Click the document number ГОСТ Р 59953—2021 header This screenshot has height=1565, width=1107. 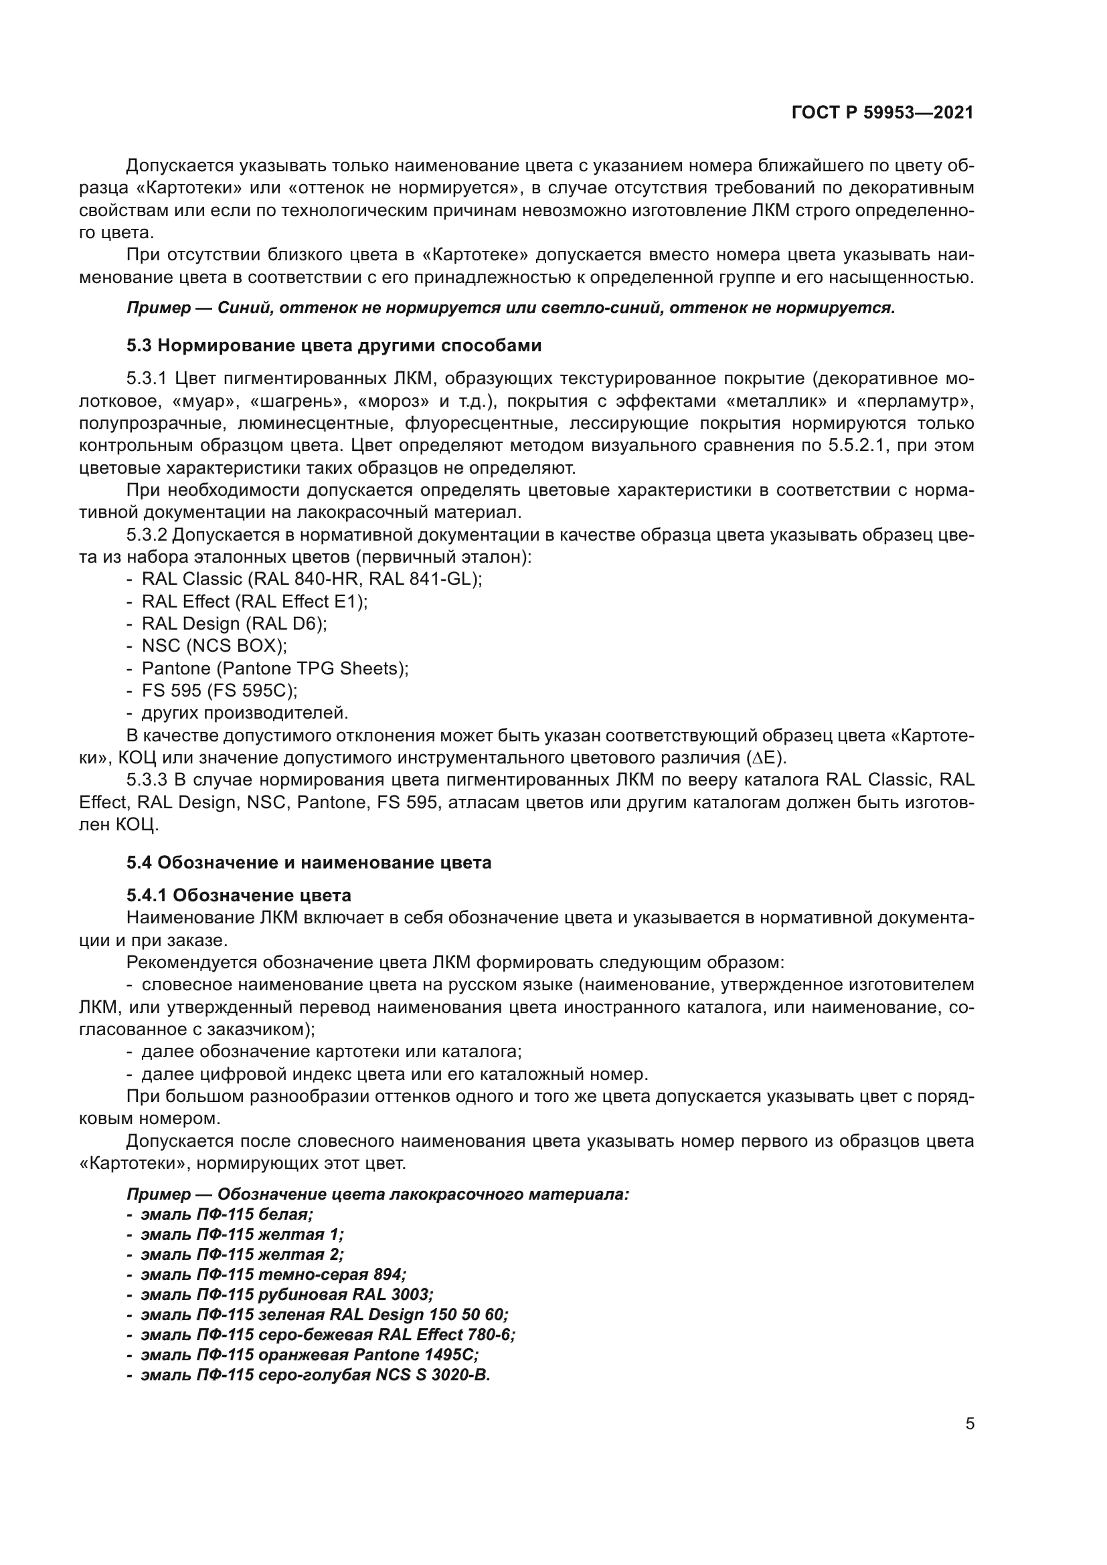882,112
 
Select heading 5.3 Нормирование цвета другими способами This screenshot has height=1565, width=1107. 333,345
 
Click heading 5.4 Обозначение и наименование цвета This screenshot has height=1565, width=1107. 308,863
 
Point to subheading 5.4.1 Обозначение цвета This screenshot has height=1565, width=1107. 238,895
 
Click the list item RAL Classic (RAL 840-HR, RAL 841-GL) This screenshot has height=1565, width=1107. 311,579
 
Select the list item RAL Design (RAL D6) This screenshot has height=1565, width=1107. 234,624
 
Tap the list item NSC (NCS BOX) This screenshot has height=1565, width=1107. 214,646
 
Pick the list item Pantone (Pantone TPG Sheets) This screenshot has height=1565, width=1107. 274,668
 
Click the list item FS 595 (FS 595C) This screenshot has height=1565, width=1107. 220,691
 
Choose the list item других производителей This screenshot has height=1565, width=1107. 245,713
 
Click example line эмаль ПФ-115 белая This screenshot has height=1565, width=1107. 226,1214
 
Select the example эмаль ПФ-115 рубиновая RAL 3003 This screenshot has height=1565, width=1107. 286,1295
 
